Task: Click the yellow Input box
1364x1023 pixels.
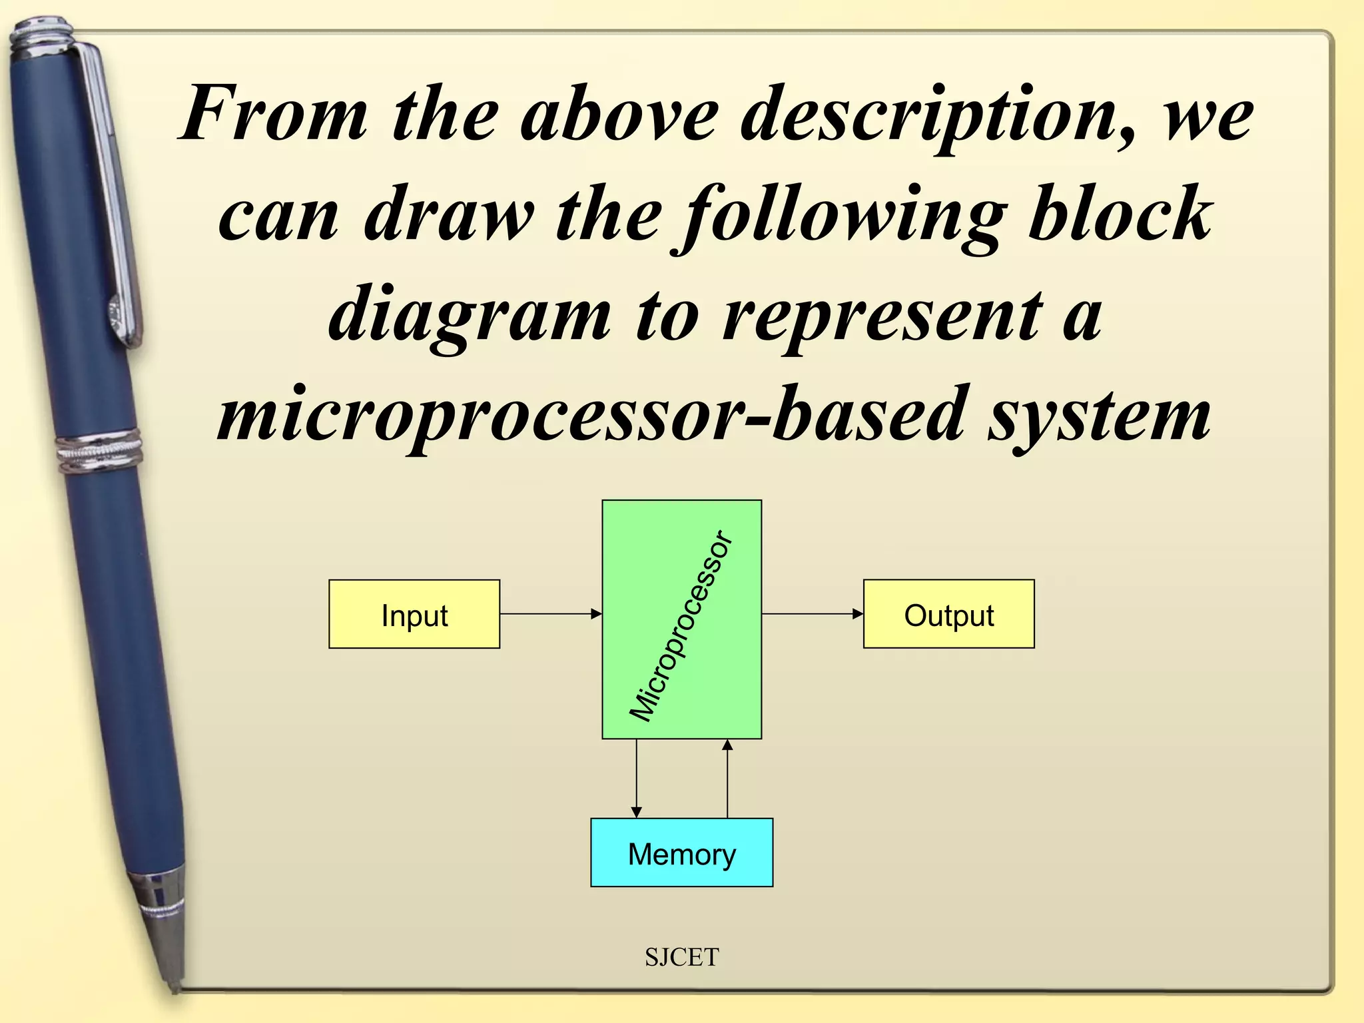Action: [x=414, y=614]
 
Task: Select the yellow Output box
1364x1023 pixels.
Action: [x=948, y=614]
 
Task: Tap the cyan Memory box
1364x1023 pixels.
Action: [x=681, y=852]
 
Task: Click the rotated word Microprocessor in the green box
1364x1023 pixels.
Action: [x=681, y=626]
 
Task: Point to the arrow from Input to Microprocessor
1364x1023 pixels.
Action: [x=551, y=614]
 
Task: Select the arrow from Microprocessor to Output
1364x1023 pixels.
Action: [x=812, y=614]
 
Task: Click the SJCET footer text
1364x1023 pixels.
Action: [x=681, y=957]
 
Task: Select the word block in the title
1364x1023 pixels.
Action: [x=1119, y=213]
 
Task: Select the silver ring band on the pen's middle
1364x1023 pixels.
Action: [x=100, y=452]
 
